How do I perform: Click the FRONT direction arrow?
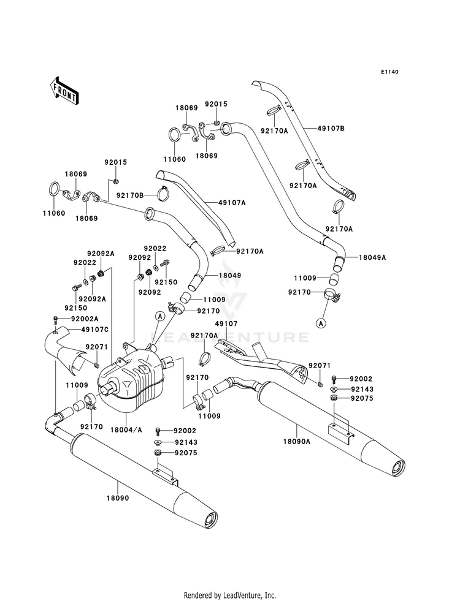64,90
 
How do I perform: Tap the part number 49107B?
331,129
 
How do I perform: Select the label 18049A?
372,257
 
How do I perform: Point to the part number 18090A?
297,442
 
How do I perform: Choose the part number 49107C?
95,330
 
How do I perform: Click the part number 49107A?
232,202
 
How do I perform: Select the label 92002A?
85,319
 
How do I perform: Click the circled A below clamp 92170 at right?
321,323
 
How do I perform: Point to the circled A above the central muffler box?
159,316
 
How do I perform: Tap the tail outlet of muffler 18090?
210,520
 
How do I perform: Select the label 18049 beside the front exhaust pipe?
230,276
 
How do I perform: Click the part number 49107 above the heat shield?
226,324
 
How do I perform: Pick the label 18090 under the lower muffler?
118,498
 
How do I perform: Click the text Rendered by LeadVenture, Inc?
230,595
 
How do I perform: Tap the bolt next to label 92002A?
56,319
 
